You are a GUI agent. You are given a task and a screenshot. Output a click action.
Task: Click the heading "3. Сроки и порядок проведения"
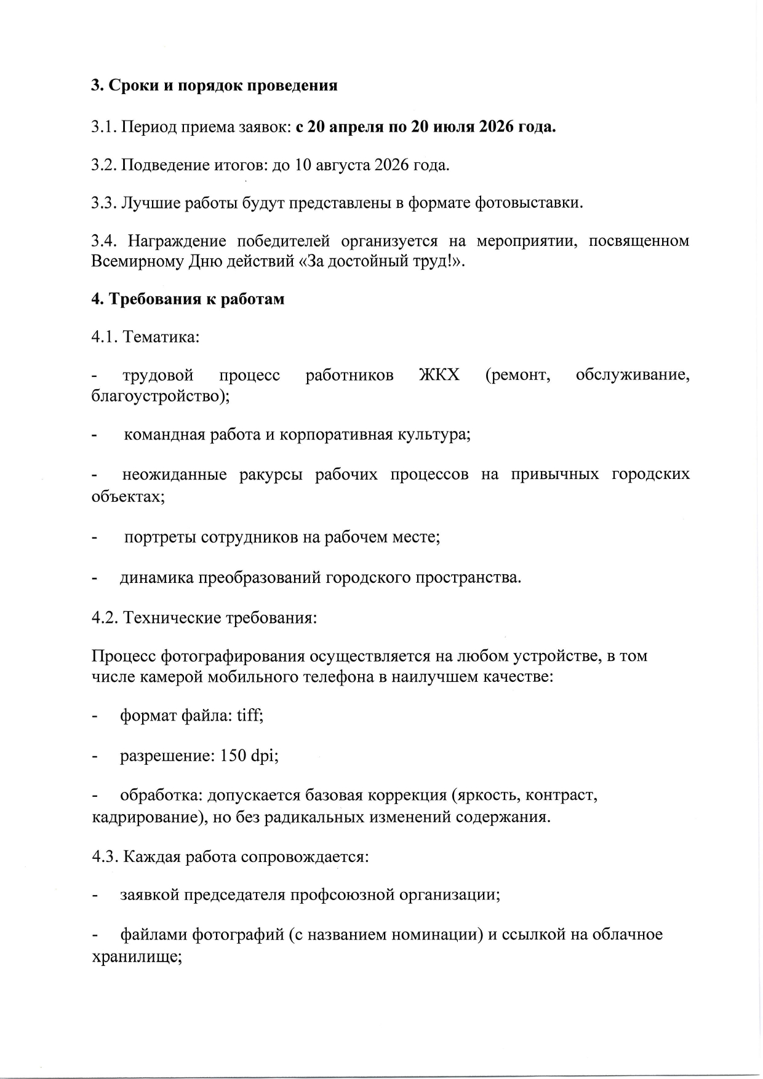(214, 85)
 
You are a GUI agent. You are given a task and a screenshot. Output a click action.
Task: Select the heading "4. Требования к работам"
(188, 299)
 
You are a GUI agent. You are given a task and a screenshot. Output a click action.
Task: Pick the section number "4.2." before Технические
(105, 617)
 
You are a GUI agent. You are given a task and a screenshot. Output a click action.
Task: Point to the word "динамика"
(157, 577)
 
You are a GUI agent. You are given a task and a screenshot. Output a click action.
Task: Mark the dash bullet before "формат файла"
(95, 716)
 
